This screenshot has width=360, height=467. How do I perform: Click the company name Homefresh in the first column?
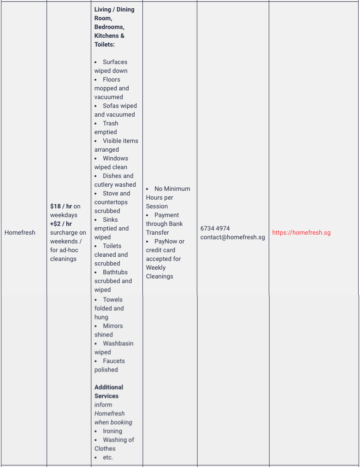click(x=20, y=232)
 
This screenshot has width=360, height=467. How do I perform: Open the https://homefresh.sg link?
click(x=301, y=232)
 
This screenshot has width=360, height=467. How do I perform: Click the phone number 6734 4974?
click(x=215, y=228)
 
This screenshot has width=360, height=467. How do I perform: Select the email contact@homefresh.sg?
click(x=232, y=237)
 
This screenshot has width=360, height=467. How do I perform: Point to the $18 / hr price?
click(x=61, y=206)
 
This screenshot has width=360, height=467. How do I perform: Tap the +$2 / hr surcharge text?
click(x=61, y=224)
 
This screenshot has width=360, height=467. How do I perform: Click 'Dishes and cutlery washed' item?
click(x=115, y=180)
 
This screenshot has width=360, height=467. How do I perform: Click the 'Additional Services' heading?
click(x=108, y=391)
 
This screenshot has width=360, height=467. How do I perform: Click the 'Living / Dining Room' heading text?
click(x=114, y=13)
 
